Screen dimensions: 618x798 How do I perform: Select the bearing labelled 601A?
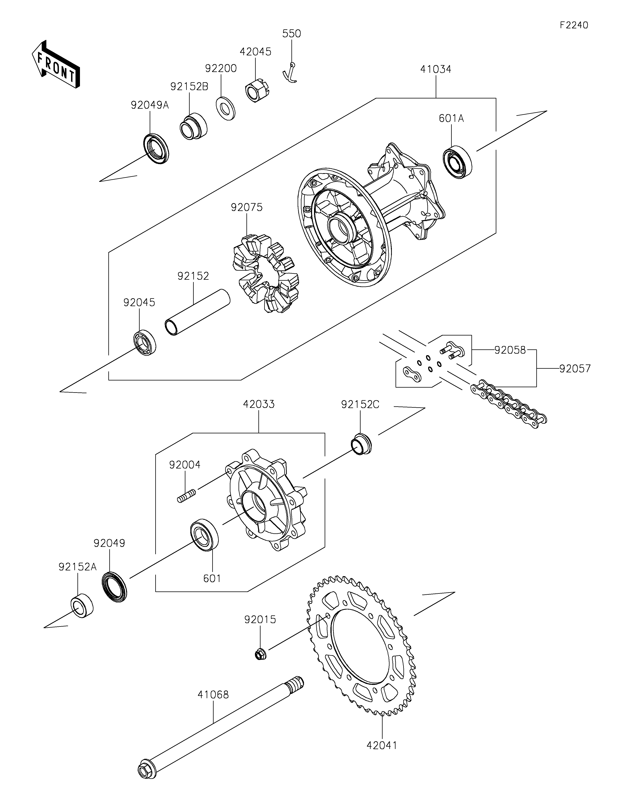click(x=457, y=162)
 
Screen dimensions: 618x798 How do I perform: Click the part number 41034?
click(x=436, y=69)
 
